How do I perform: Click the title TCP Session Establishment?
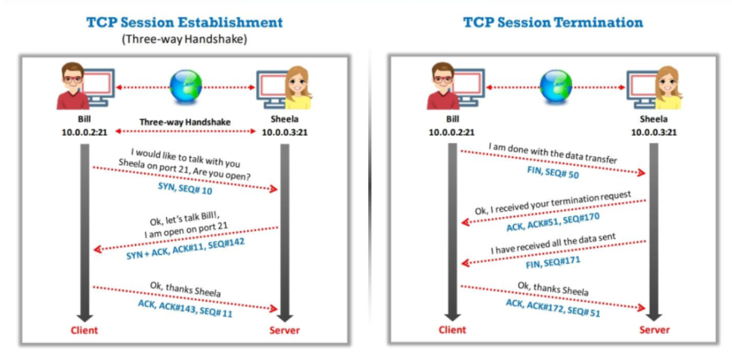point(184,22)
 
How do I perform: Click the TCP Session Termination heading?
point(553,22)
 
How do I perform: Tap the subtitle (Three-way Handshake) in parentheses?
point(184,39)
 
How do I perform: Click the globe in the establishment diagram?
point(184,87)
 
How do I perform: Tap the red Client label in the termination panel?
point(452,330)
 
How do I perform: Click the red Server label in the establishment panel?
point(285,330)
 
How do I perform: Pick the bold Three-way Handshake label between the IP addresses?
point(184,122)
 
